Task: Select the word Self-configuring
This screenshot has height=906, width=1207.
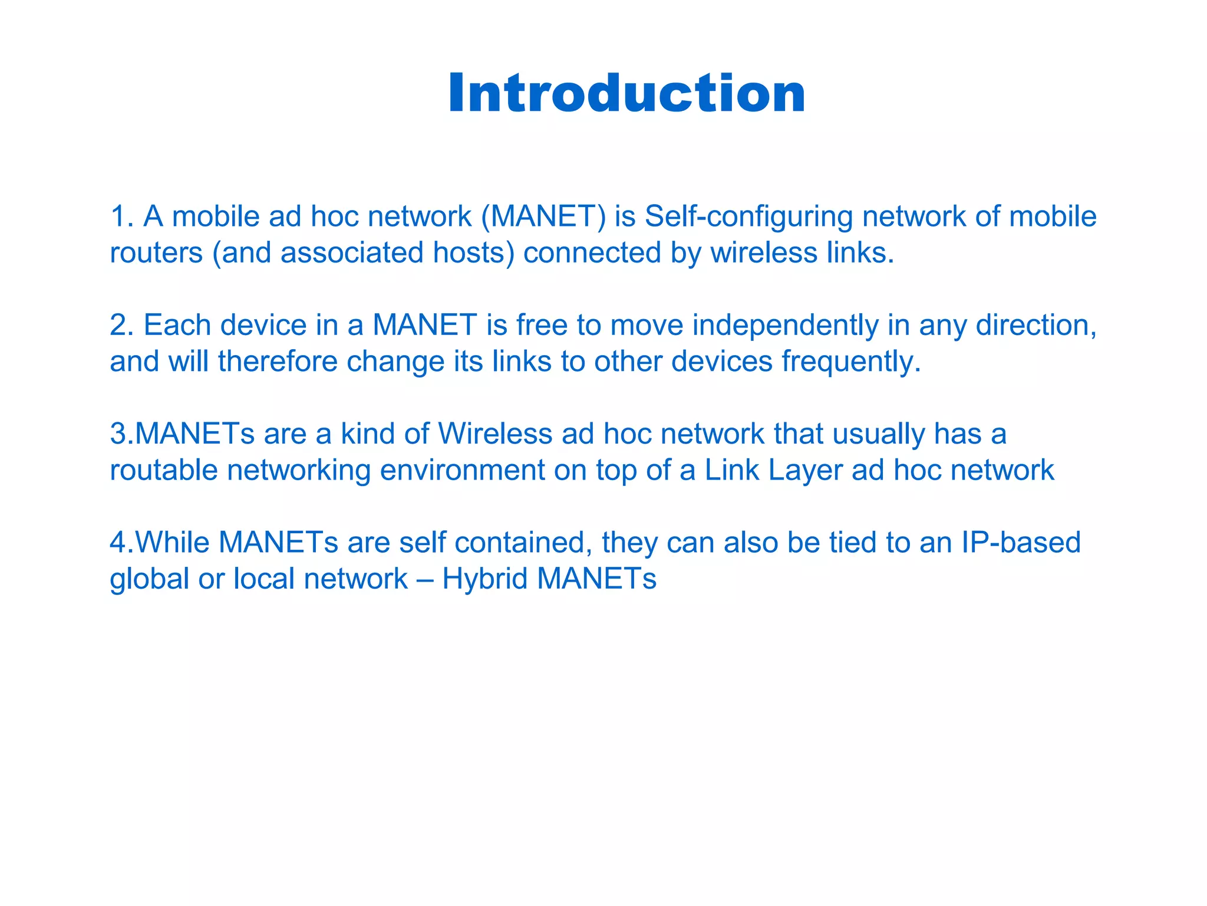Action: tap(748, 216)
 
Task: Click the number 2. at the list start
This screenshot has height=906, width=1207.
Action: tap(122, 325)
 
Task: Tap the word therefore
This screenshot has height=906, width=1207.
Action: tap(277, 362)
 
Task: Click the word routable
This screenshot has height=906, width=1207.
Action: tap(164, 471)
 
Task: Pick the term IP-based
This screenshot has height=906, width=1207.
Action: tap(1021, 543)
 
